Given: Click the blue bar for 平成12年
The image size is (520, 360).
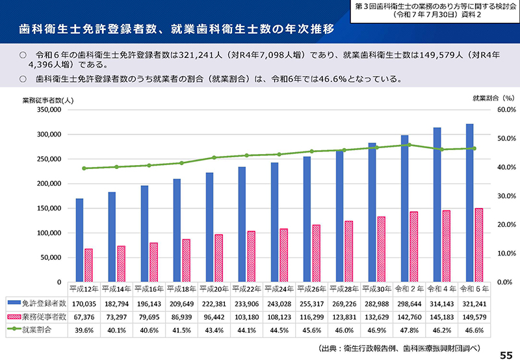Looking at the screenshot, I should click(79, 240).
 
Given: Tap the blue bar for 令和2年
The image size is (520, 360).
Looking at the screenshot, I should click(404, 209).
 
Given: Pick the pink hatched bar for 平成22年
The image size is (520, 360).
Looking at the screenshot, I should click(251, 257).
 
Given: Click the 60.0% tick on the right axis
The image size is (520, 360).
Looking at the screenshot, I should click(487, 110).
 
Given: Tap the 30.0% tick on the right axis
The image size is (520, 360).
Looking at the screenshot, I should click(487, 196).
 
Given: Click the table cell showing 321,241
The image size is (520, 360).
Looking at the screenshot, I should click(474, 303).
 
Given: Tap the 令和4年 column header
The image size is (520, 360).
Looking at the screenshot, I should click(442, 288).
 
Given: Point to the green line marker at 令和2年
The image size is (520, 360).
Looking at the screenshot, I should click(408, 145).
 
